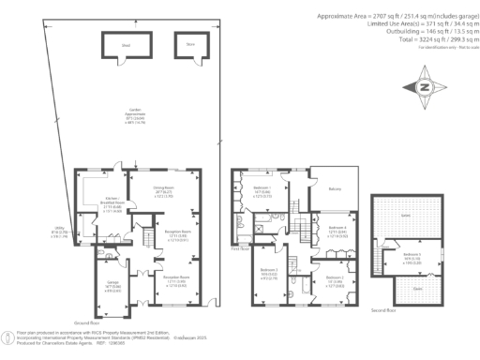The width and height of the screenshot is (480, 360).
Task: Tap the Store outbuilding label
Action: coord(188,43)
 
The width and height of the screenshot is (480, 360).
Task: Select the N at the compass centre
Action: coord(427,87)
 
